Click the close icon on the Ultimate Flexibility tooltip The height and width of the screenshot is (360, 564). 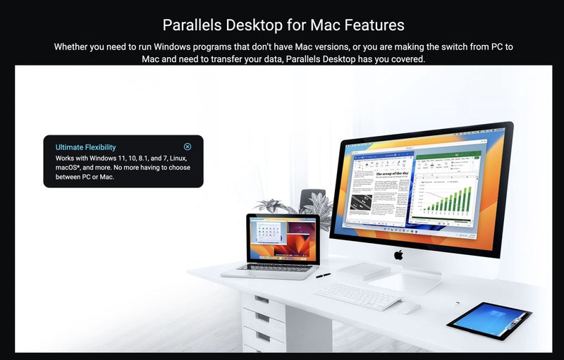click(188, 147)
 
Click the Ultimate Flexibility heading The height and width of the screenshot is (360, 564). click(85, 147)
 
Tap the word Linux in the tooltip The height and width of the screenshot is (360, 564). click(176, 159)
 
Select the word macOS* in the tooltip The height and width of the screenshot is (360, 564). click(70, 168)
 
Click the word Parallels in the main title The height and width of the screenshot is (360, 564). click(192, 25)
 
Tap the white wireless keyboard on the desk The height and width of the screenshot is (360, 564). click(357, 295)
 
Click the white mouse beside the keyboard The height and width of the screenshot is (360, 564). click(408, 308)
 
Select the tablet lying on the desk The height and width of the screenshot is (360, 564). click(489, 321)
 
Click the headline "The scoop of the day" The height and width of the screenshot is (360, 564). click(392, 173)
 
